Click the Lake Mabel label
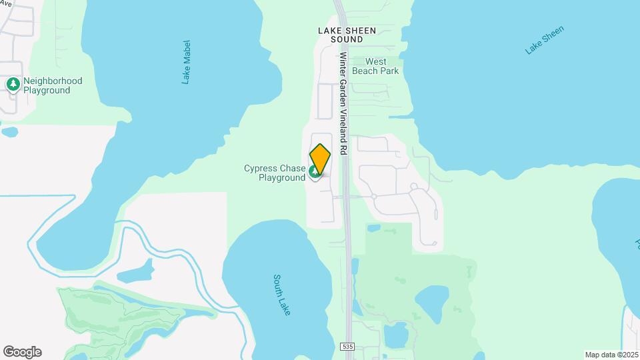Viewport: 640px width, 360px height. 187,61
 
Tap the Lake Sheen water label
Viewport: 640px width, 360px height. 545,39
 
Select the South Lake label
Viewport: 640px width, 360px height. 283,294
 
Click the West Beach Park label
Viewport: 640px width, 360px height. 375,66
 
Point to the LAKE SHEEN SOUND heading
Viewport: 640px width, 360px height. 347,35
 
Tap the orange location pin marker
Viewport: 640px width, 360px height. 320,158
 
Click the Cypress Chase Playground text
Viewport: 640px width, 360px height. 275,173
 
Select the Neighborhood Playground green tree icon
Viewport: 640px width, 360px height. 13,84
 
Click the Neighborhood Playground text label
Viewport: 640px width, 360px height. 52,85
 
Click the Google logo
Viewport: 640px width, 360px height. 22,352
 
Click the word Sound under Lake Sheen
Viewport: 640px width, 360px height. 347,39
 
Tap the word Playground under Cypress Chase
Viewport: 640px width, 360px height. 282,178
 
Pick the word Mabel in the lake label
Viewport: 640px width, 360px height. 187,55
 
